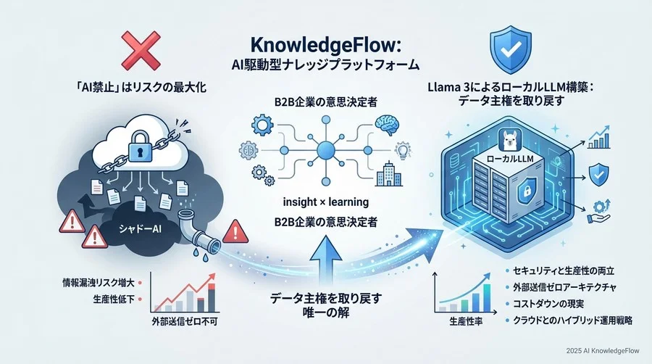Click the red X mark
click(141, 50)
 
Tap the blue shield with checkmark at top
click(511, 49)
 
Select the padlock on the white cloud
click(141, 146)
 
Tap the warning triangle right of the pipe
click(235, 231)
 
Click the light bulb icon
click(402, 152)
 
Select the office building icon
click(389, 174)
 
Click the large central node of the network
click(325, 151)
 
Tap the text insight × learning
click(325, 202)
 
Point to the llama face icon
click(510, 140)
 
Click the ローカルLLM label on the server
click(510, 159)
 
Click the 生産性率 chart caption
click(466, 321)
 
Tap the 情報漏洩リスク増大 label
click(98, 283)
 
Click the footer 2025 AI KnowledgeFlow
click(603, 351)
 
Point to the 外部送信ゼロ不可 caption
click(185, 321)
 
